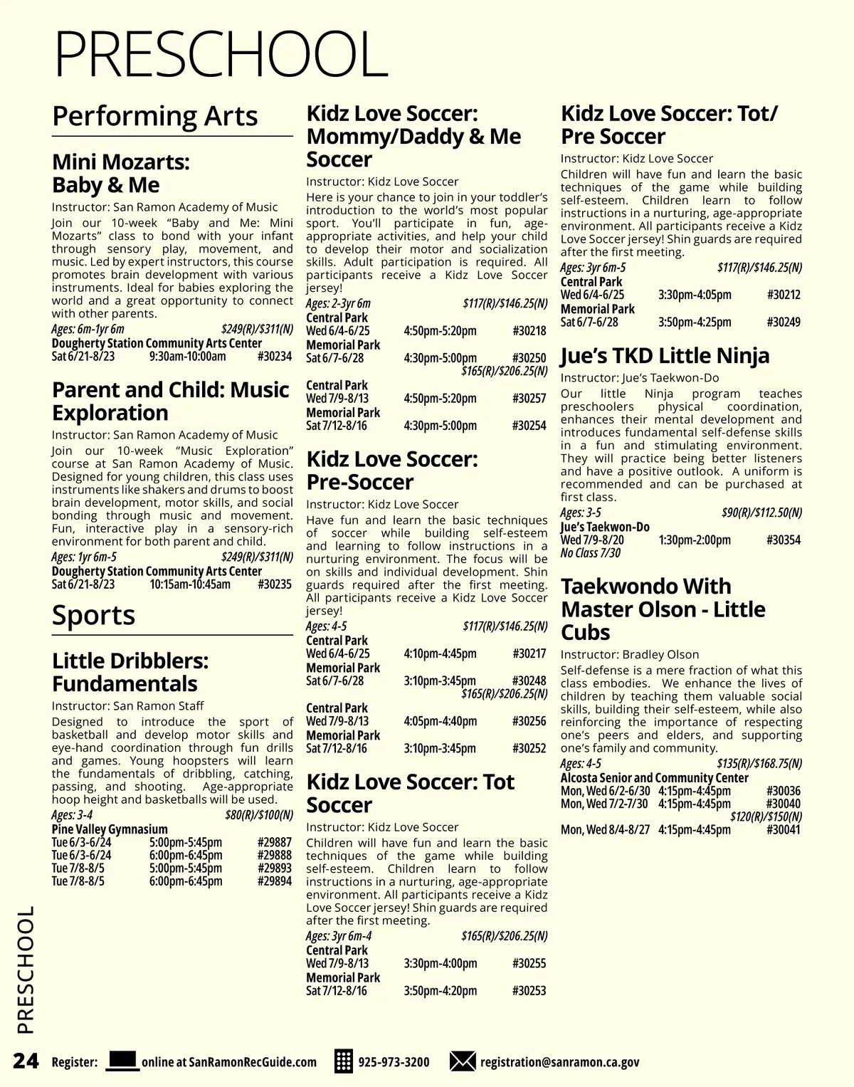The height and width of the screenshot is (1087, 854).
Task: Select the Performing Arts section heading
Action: click(155, 116)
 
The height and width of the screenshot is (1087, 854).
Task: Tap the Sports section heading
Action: click(93, 615)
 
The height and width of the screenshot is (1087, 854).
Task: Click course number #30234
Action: click(274, 357)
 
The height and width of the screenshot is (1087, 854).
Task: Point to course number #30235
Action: click(274, 584)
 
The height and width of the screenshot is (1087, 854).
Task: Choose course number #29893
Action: click(274, 868)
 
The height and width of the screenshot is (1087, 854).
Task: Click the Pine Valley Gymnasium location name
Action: click(110, 829)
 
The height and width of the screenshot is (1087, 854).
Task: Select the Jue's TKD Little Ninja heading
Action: click(665, 355)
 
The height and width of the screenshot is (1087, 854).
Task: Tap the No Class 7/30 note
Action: click(590, 553)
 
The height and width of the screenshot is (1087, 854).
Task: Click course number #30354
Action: click(784, 540)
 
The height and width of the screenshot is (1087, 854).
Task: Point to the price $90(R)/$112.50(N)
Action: click(761, 513)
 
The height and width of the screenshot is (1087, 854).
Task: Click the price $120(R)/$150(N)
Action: click(766, 816)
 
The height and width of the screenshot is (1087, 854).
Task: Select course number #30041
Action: click(784, 829)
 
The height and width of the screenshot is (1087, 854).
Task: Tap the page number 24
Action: click(26, 1061)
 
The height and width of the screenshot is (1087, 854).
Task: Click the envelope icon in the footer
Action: click(463, 1061)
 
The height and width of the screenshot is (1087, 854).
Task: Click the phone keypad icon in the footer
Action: click(343, 1061)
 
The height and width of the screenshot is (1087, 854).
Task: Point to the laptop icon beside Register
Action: click(122, 1061)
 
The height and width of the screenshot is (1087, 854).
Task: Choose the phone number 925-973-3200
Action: click(394, 1062)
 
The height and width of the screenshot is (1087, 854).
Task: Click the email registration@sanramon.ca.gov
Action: click(559, 1062)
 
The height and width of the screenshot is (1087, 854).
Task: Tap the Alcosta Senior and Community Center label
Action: click(654, 778)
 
